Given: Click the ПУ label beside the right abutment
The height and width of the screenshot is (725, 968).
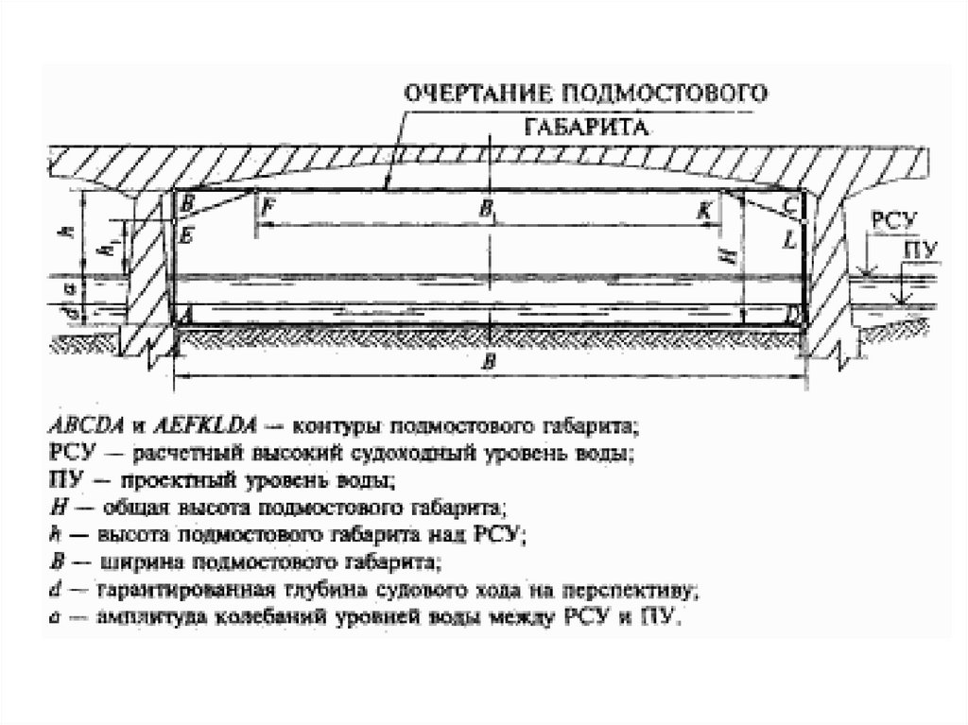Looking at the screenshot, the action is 920,250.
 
